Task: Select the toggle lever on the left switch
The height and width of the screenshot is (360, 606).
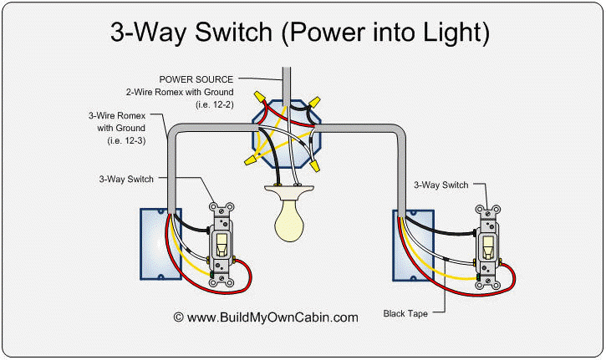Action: (x=222, y=244)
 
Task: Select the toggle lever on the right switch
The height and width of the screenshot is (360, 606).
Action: (x=486, y=247)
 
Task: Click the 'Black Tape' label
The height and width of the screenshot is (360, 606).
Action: (x=406, y=314)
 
